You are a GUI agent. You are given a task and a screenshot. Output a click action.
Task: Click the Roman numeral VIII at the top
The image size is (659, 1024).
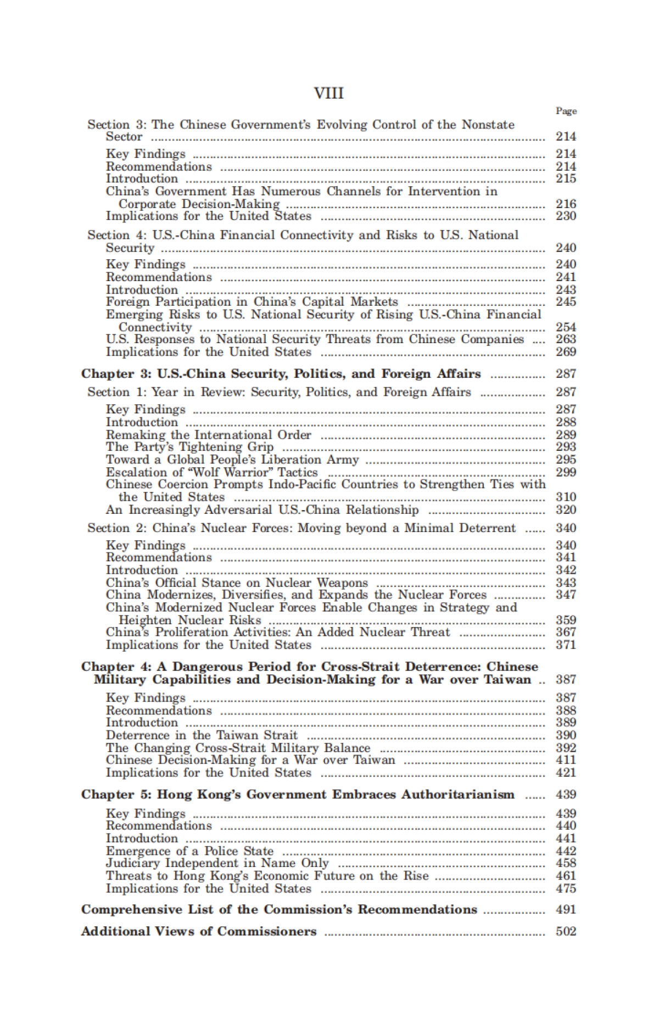[328, 93]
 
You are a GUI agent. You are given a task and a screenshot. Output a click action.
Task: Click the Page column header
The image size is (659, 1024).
[566, 111]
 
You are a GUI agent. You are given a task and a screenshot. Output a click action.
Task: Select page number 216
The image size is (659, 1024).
[566, 204]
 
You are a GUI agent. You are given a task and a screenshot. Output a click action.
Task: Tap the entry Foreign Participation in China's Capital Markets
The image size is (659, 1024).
[252, 302]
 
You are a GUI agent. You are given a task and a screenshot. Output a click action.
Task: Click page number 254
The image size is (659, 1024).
[566, 327]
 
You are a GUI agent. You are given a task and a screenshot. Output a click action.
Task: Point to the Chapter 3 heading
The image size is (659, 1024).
[281, 374]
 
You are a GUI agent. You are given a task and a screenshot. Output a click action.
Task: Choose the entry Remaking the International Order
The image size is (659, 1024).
[208, 435]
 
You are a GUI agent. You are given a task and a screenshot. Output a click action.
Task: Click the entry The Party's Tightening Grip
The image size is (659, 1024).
[189, 447]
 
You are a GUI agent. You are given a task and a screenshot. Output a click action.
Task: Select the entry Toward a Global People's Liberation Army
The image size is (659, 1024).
[232, 460]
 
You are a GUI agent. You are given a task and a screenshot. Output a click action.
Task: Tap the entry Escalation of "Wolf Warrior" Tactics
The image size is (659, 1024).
[211, 472]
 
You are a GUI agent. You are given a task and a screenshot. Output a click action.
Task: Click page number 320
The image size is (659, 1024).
[566, 510]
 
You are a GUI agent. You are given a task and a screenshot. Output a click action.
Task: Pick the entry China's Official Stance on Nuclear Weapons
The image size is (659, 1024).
[237, 583]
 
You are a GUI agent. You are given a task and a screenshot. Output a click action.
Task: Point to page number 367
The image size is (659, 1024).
[566, 632]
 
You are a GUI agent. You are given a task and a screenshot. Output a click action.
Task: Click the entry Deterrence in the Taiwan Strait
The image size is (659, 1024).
[202, 735]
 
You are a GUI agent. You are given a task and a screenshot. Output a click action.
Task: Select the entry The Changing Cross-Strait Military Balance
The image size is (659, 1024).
[238, 748]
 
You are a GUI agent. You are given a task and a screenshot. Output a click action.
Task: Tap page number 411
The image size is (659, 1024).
[566, 760]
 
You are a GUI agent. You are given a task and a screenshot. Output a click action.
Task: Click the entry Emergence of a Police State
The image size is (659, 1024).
[189, 851]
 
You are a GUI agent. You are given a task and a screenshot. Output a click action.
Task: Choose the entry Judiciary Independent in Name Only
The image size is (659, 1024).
[217, 863]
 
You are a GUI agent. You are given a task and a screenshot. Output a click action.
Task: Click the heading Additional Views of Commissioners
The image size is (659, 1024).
[199, 931]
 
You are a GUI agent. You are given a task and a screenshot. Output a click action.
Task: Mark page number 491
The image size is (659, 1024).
[566, 909]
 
